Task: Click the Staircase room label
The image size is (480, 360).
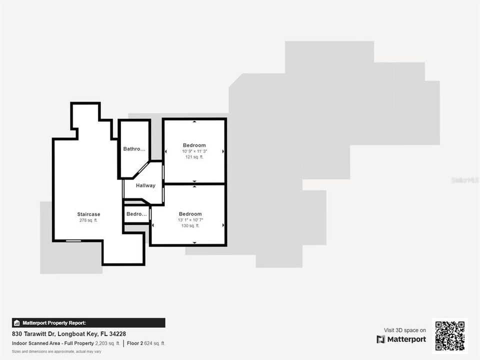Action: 88,214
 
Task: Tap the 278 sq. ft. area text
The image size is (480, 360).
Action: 88,220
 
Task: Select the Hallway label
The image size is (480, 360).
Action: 145,185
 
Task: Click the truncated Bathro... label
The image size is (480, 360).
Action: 134,148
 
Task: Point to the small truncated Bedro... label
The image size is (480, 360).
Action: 136,214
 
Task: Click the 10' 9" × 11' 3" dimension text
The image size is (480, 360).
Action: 194,151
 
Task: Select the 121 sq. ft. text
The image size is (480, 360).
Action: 194,157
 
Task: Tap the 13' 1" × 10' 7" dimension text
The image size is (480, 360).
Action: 190,220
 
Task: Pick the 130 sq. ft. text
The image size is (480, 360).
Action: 190,226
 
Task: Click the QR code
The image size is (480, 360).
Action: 450,336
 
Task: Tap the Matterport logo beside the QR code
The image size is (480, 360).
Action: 401,339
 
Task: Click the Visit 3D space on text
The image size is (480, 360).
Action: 405,330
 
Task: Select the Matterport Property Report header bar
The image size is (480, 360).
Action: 88,323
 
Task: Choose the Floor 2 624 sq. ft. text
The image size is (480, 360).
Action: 146,343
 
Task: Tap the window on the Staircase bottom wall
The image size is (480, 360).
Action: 73,241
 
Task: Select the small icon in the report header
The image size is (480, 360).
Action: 16,323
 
